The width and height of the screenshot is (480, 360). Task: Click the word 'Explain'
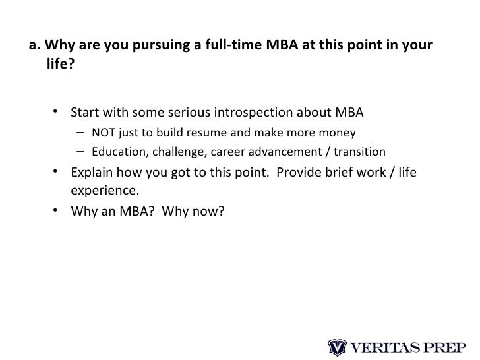91,173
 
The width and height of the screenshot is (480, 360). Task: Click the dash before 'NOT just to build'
79,132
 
